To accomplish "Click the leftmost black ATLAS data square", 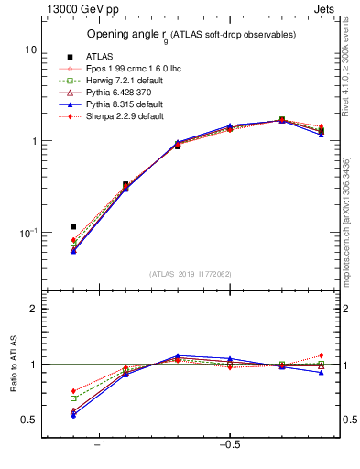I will tap(73, 226).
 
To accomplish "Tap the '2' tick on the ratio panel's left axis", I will tap(33, 309).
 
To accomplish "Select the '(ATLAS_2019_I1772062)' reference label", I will tap(191, 274).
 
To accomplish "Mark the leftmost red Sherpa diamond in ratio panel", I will tap(73, 391).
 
